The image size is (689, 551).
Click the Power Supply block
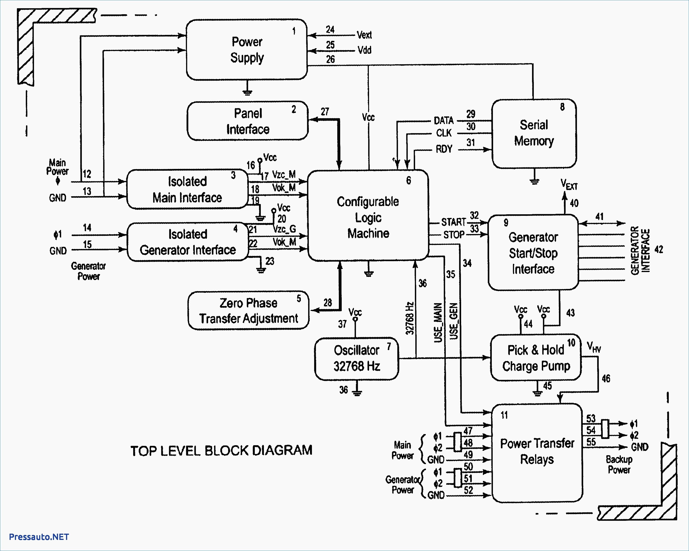tap(247, 50)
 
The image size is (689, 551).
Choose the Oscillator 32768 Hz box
tap(357, 359)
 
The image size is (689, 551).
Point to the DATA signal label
tap(444, 120)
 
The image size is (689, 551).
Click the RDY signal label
tap(444, 149)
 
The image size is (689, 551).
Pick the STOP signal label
tap(454, 235)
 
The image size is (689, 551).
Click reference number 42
tap(659, 249)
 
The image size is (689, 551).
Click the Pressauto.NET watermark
tap(39, 537)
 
